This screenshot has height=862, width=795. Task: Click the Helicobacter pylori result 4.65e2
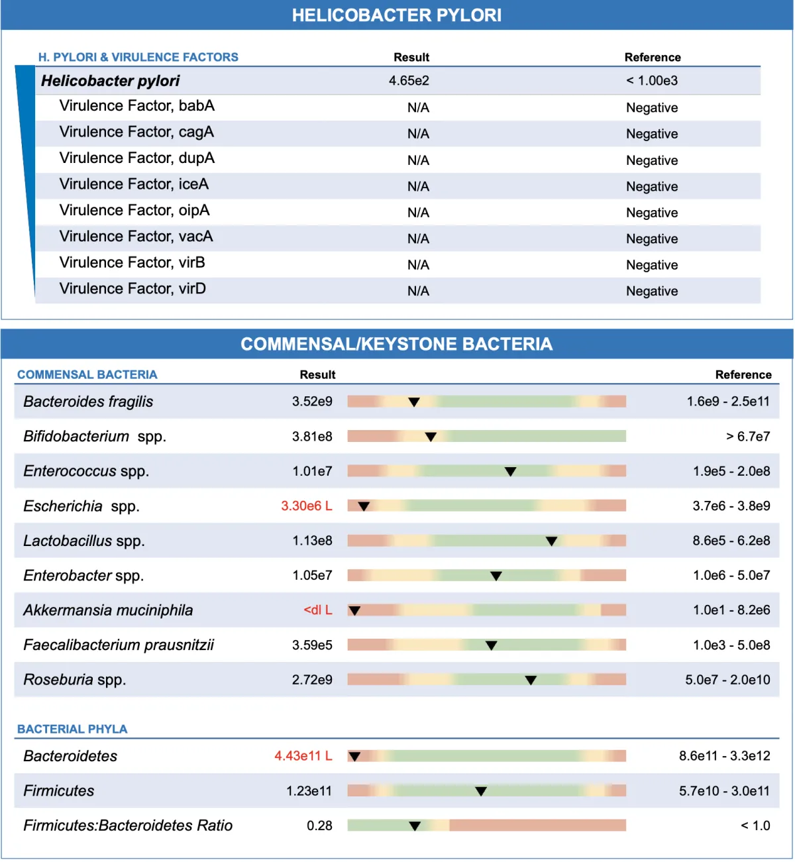tap(409, 81)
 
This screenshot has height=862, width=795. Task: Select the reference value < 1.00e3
tap(652, 81)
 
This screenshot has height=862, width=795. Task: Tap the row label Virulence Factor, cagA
tap(136, 132)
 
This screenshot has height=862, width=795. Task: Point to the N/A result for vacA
tap(419, 239)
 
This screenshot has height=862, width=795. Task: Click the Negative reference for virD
tap(652, 292)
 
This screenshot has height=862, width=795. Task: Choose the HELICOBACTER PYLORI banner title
tap(397, 15)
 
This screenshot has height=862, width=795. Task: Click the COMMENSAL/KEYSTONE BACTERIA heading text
tap(397, 344)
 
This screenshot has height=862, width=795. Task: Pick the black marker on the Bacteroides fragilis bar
tap(414, 402)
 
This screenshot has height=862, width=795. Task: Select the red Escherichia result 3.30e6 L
tap(307, 506)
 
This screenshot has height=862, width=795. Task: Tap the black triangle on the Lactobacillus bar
tap(552, 541)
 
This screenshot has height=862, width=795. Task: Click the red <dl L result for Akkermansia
tap(318, 610)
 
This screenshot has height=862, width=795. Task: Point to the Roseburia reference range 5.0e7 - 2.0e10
tap(728, 680)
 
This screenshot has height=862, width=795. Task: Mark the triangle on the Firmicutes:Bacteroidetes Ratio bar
tap(415, 826)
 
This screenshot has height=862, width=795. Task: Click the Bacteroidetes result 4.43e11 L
tap(303, 756)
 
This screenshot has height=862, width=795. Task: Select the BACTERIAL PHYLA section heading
tap(72, 729)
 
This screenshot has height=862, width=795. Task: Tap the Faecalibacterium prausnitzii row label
tap(119, 645)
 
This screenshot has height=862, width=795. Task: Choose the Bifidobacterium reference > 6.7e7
tap(749, 437)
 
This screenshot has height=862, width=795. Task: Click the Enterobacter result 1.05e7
tap(313, 576)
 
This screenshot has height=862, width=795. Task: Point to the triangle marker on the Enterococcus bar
tap(511, 472)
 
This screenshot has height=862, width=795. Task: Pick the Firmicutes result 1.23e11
tap(309, 791)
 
